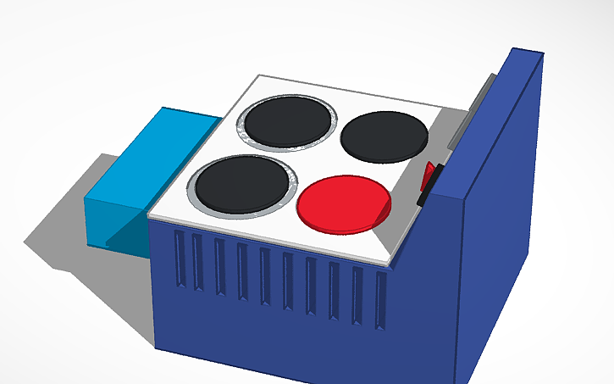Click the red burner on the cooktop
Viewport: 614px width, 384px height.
point(344,203)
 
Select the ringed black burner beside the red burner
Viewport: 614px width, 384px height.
point(241,183)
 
